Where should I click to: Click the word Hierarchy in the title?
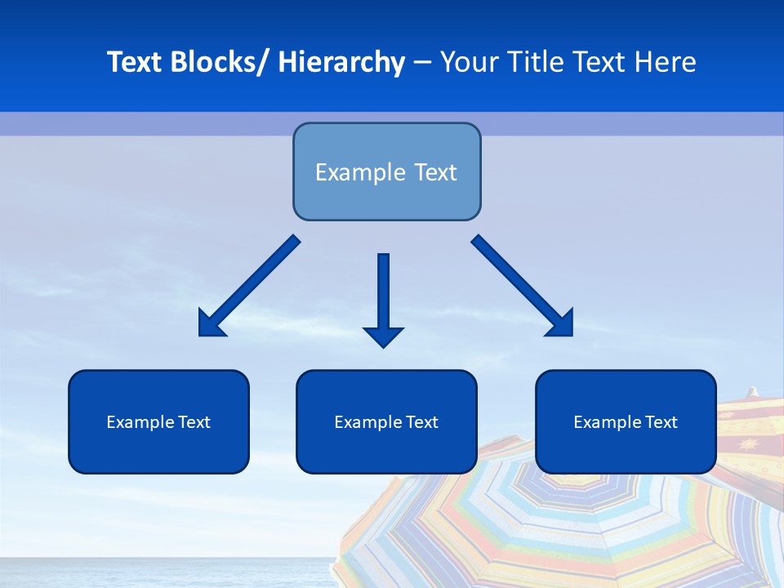pyautogui.click(x=341, y=62)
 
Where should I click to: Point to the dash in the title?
pyautogui.click(x=422, y=62)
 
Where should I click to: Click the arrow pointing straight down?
pyautogui.click(x=383, y=294)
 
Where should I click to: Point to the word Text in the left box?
pyautogui.click(x=193, y=422)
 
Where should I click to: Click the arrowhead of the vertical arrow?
pyautogui.click(x=383, y=336)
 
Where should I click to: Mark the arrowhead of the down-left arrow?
pyautogui.click(x=211, y=324)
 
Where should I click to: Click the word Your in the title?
pyautogui.click(x=468, y=62)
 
